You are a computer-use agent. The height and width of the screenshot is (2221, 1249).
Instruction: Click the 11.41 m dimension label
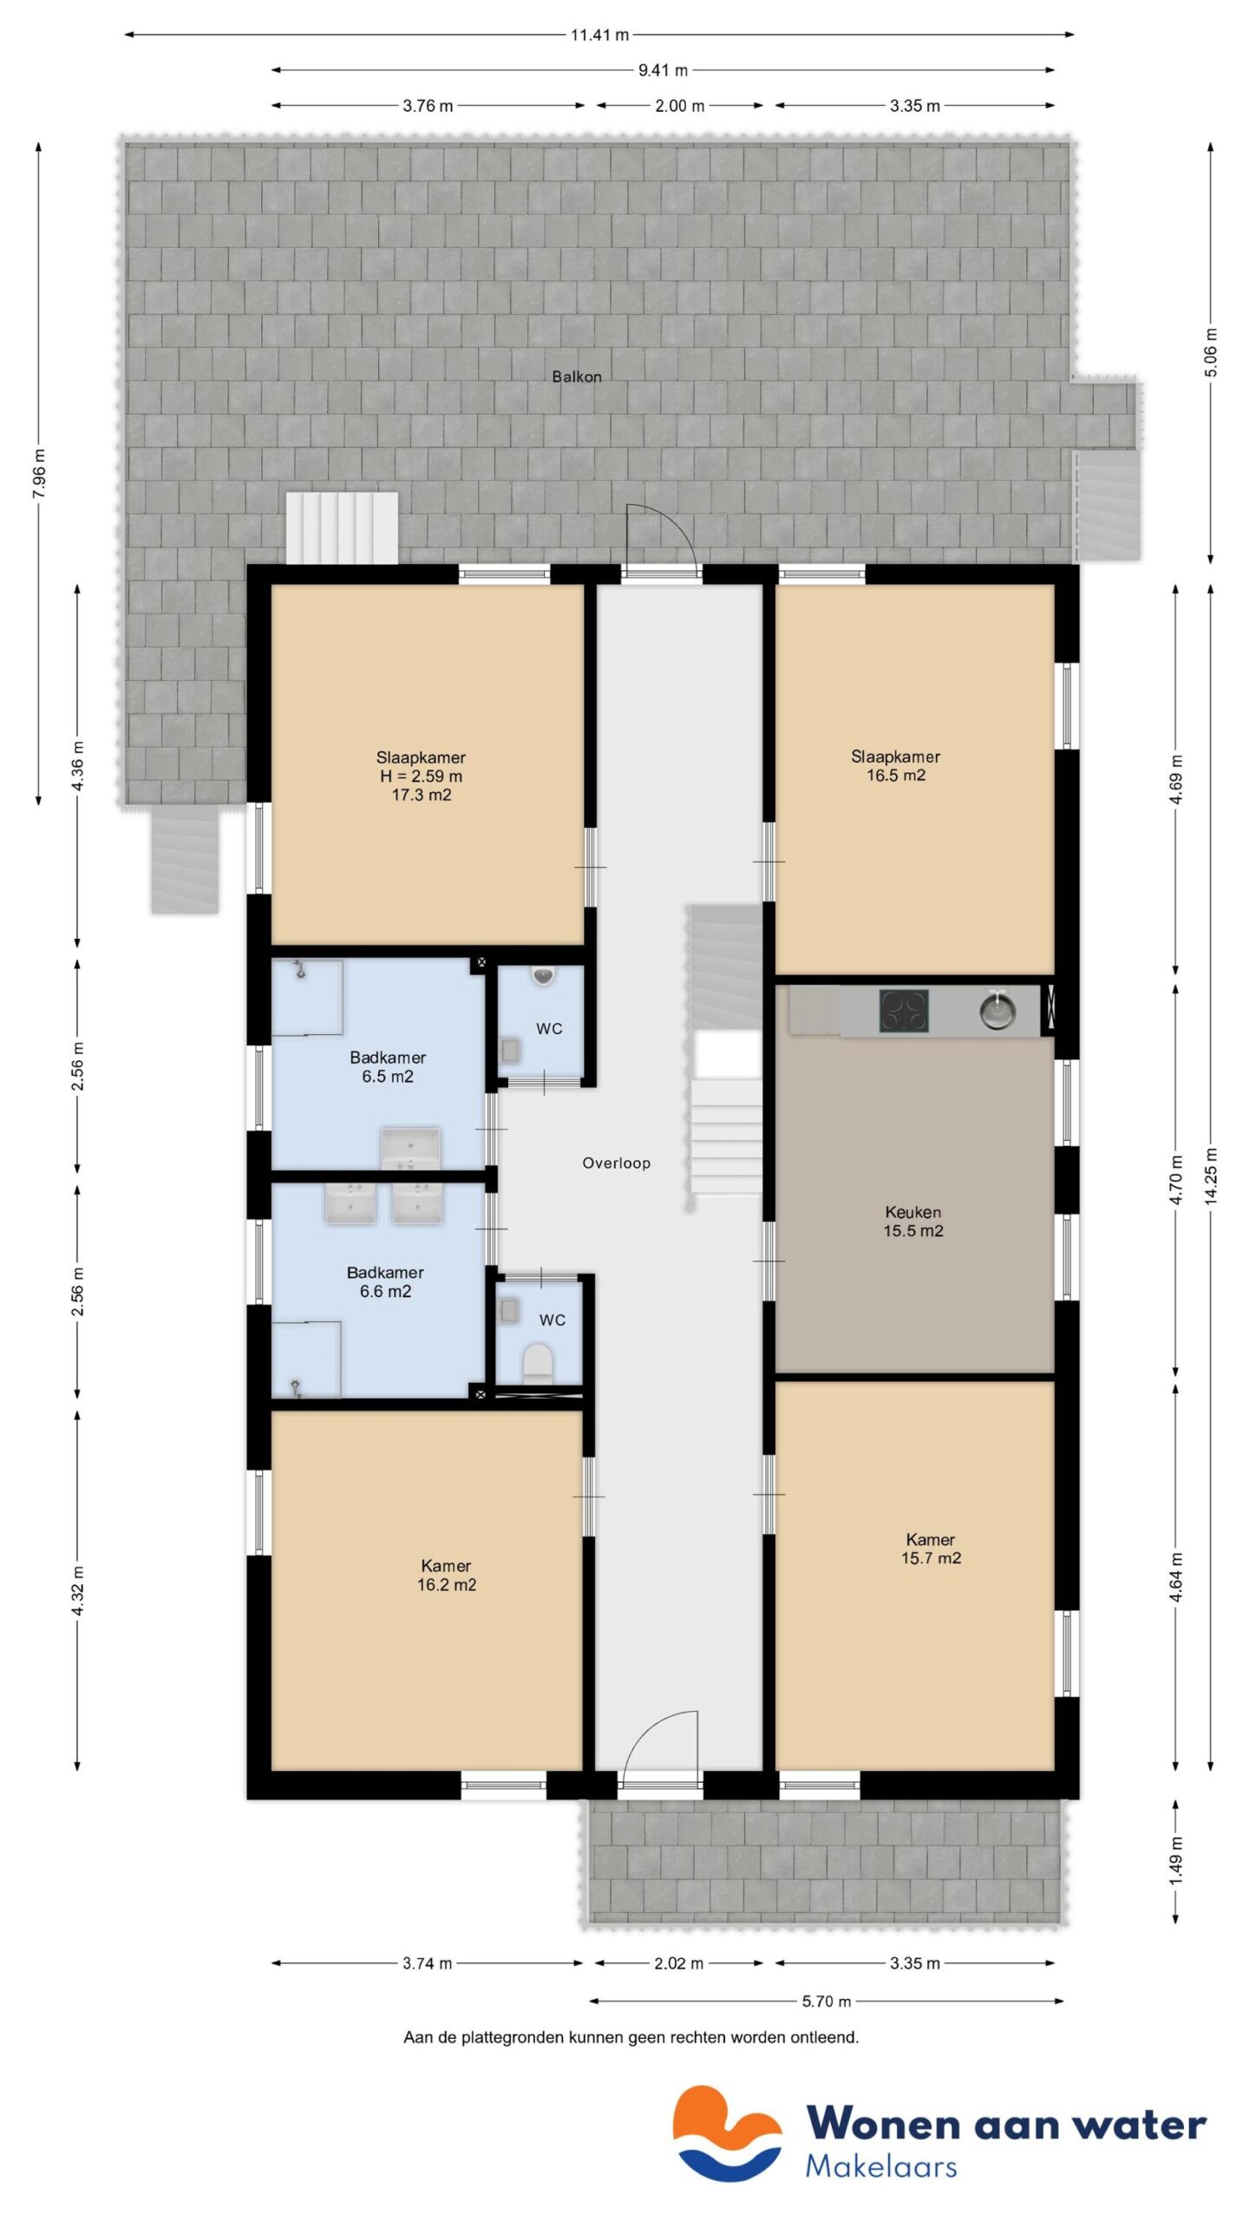click(x=599, y=36)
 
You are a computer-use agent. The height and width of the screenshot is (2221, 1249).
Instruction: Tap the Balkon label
click(x=577, y=377)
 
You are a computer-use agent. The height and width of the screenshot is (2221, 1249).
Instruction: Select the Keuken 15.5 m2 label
click(x=913, y=1222)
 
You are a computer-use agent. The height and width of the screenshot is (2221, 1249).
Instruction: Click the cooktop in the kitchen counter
click(x=904, y=1011)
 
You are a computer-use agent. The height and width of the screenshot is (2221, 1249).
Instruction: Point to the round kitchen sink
click(x=997, y=1011)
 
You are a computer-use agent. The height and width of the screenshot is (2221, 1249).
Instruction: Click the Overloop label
click(x=616, y=1163)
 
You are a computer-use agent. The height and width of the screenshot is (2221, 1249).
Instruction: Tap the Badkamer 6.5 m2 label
click(x=388, y=1067)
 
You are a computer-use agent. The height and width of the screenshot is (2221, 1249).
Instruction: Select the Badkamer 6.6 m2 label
click(x=385, y=1282)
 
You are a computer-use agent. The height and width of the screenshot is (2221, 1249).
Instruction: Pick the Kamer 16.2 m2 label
click(x=446, y=1576)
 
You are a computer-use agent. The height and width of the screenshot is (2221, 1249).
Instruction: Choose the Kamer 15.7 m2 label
click(x=931, y=1549)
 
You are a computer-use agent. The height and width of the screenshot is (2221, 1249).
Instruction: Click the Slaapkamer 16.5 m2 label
click(x=896, y=766)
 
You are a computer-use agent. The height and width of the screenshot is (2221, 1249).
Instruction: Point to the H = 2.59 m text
click(x=421, y=776)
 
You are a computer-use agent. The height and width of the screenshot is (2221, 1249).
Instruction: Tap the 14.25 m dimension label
click(x=1212, y=1176)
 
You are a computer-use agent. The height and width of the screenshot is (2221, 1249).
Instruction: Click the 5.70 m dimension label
click(x=827, y=2002)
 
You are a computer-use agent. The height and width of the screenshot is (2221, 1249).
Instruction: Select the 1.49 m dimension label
click(x=1176, y=1861)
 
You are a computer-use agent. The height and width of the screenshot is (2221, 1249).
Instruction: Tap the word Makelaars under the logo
click(x=881, y=2166)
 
